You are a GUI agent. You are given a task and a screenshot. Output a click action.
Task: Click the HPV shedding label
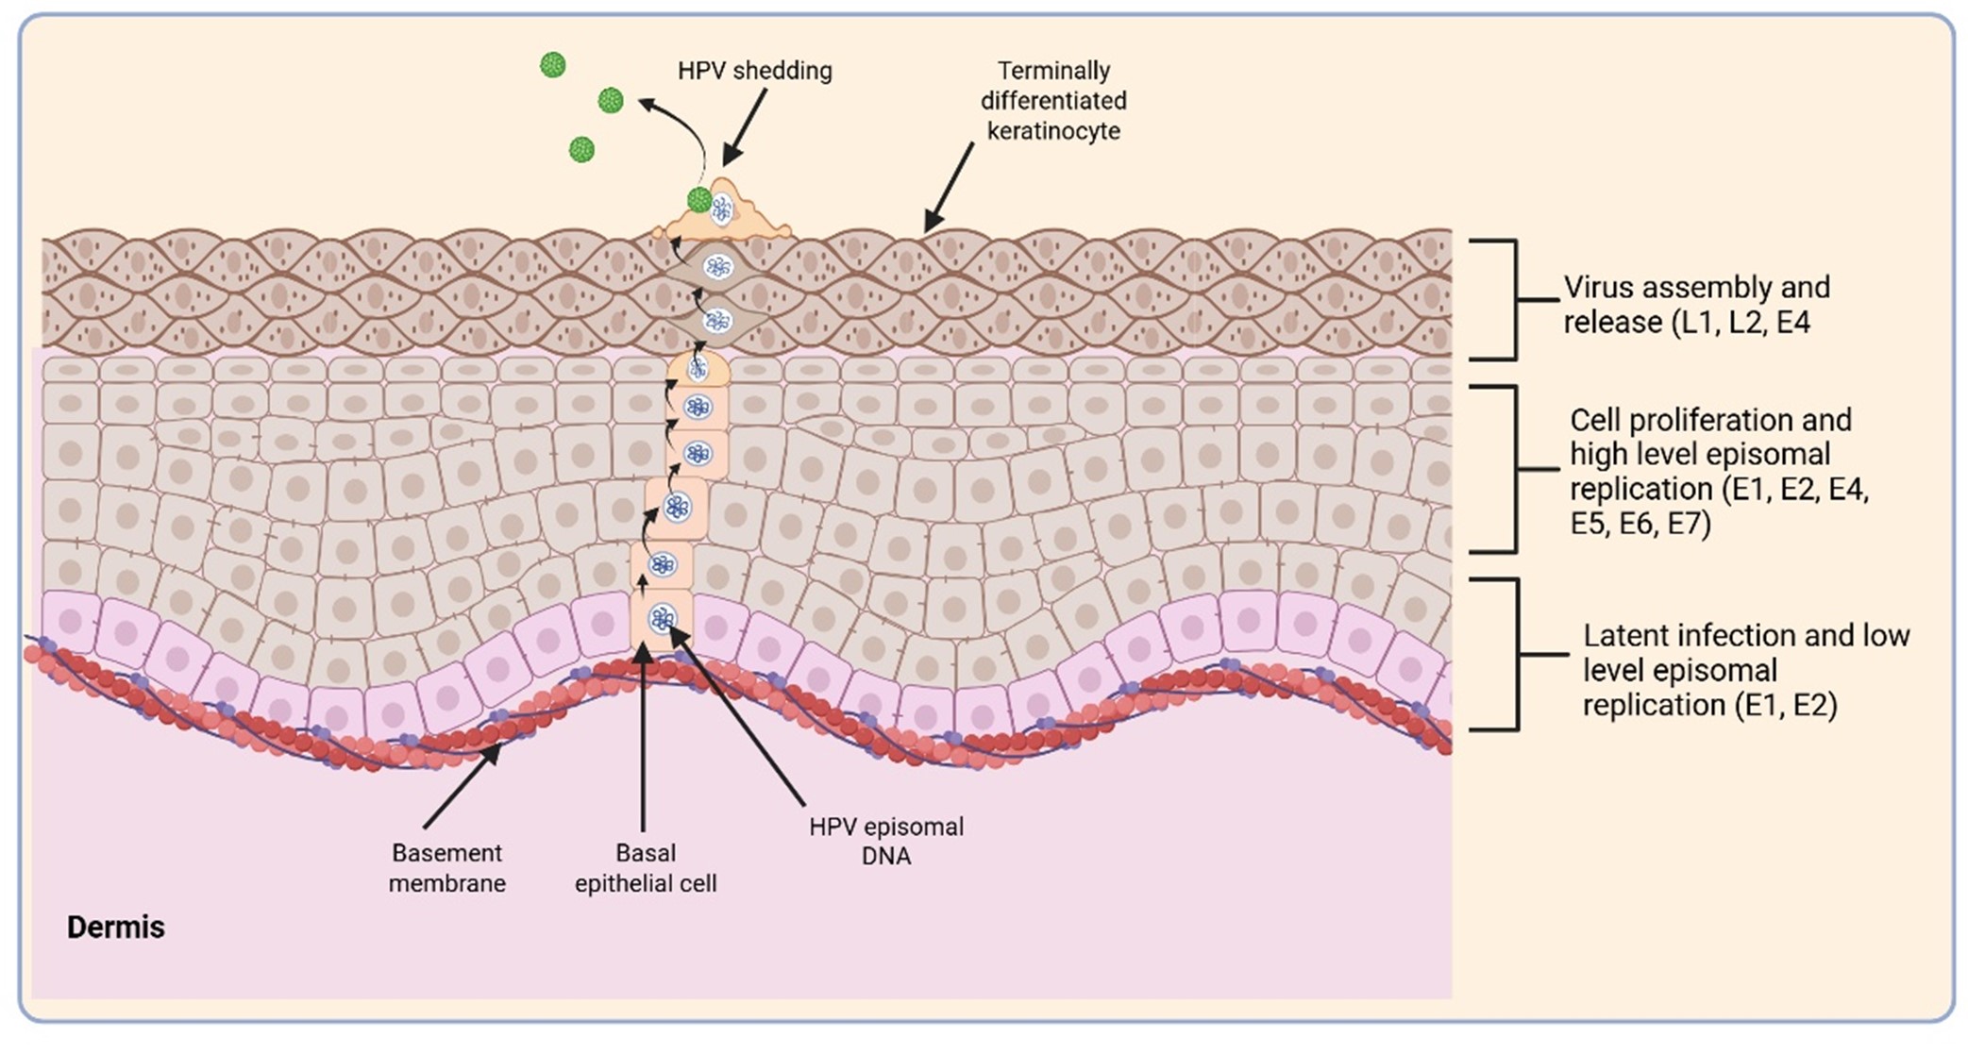(754, 71)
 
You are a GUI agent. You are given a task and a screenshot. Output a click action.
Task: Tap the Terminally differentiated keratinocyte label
(1053, 100)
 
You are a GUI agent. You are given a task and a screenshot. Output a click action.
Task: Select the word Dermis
(115, 928)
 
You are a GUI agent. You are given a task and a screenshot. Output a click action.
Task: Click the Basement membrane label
(447, 868)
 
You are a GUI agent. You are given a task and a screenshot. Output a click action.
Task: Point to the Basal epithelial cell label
(646, 868)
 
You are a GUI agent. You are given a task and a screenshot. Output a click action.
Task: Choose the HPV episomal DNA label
(886, 841)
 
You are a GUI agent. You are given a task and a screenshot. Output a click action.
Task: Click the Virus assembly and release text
(1695, 304)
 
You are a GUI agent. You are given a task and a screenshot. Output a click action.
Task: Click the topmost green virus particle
(552, 64)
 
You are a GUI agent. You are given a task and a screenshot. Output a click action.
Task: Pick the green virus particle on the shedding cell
(699, 200)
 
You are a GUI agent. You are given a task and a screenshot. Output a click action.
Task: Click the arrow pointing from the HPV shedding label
(746, 127)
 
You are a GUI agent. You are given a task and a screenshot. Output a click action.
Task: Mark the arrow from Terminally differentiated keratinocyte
(949, 187)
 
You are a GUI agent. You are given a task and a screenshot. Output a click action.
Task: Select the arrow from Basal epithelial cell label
(643, 736)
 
